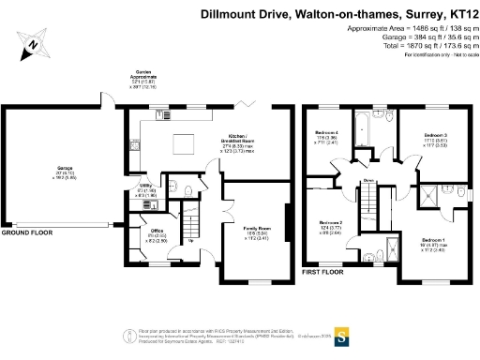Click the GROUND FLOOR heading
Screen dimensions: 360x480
[27, 230]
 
